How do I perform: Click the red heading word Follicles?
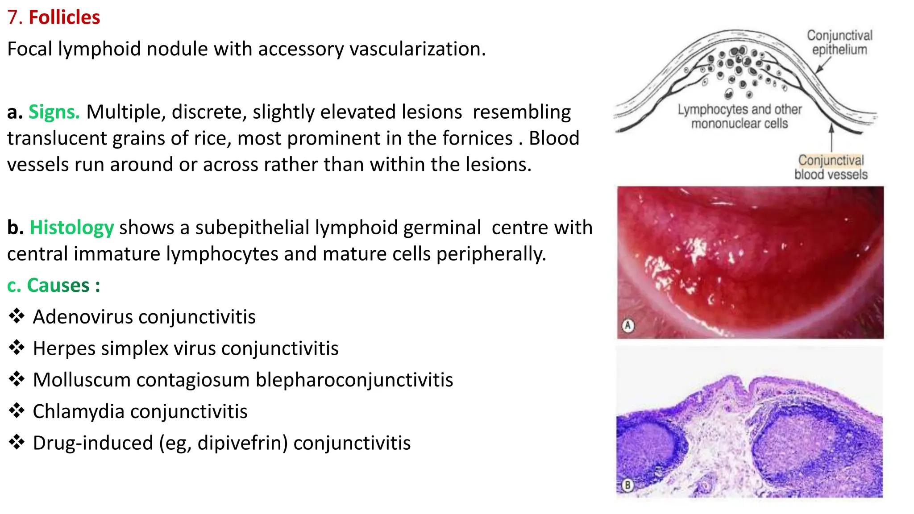(x=64, y=17)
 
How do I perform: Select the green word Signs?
(x=54, y=112)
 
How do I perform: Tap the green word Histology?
(x=72, y=228)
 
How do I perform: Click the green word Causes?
(x=58, y=286)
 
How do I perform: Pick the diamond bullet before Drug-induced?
(x=17, y=442)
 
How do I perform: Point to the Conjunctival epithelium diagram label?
(x=839, y=42)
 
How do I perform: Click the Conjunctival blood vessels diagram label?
(x=831, y=167)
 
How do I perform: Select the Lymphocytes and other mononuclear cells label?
(x=740, y=116)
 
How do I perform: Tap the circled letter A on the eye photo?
(x=628, y=325)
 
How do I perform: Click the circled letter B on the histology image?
(x=627, y=485)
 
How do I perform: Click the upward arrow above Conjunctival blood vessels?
(x=831, y=138)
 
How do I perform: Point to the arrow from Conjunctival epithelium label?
(x=822, y=66)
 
